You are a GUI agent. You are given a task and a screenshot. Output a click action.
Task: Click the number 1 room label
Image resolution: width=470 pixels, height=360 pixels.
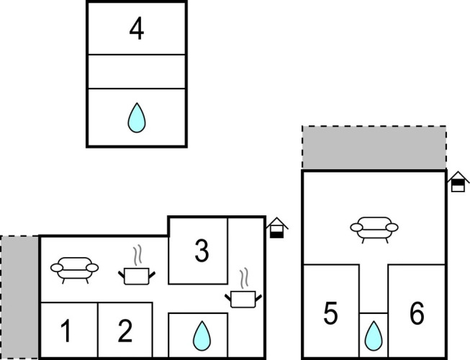(65, 332)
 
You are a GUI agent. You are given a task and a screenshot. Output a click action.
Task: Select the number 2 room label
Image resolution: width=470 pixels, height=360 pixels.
(125, 332)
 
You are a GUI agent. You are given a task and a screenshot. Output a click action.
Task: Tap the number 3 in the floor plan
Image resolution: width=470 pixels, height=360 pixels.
(202, 251)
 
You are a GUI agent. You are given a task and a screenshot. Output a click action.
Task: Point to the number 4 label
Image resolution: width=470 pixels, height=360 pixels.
(136, 30)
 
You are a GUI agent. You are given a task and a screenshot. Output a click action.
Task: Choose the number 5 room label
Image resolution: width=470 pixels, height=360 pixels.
(330, 314)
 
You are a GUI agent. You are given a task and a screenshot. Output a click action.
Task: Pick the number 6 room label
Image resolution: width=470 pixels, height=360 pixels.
(417, 314)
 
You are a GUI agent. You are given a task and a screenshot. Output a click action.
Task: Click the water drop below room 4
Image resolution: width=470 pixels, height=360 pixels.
(135, 118)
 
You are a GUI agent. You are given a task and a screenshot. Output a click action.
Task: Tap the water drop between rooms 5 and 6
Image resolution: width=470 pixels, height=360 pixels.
(373, 335)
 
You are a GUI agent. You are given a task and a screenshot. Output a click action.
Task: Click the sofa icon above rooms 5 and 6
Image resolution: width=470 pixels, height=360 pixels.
(374, 228)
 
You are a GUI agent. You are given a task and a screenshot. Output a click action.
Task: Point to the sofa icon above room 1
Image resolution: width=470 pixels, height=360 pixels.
(74, 269)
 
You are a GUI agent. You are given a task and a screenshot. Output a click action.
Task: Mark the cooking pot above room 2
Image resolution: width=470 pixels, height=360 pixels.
(135, 274)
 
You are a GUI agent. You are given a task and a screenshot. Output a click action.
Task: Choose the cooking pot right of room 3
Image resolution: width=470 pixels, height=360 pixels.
(243, 298)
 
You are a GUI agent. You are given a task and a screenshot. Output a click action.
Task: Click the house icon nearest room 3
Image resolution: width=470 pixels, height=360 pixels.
(276, 228)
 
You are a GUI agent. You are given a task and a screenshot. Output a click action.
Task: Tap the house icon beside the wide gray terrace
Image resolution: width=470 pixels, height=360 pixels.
(457, 182)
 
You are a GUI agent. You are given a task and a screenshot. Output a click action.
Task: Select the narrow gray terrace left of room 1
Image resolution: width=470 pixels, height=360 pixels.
(19, 296)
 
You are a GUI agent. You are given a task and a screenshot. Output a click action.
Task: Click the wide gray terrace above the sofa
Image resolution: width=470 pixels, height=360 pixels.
(374, 148)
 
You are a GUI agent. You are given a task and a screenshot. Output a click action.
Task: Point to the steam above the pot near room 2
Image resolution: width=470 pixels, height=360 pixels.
(136, 256)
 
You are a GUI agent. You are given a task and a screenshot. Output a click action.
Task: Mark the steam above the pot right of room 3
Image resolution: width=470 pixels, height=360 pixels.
(245, 279)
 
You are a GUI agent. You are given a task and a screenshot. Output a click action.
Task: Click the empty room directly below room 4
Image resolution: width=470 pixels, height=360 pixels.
(136, 71)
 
